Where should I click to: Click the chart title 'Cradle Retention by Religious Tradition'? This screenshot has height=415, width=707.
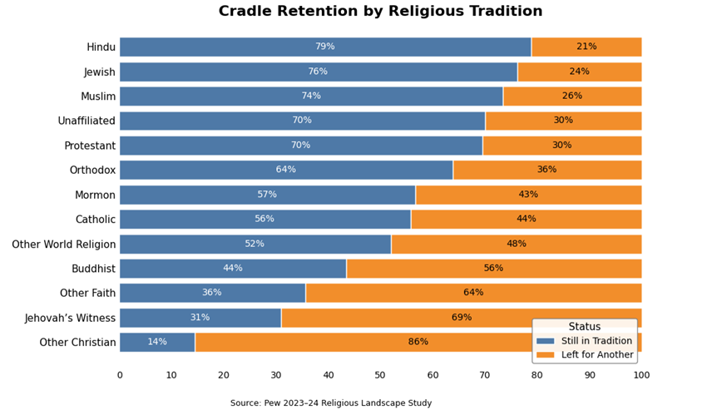[380, 12]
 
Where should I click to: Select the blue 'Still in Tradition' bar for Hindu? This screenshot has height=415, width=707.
[250, 47]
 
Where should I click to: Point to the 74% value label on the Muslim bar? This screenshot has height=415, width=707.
[311, 96]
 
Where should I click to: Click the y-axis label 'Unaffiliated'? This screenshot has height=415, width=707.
[87, 121]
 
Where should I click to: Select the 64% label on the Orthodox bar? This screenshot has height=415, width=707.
[286, 170]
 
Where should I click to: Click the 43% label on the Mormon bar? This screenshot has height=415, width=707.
[528, 195]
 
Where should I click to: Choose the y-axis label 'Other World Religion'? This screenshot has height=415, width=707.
[64, 245]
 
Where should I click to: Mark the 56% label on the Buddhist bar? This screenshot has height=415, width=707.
[494, 269]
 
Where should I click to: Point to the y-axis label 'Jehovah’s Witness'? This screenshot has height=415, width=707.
[71, 318]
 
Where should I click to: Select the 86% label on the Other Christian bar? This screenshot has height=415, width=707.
[418, 342]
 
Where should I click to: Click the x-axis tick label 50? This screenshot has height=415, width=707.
[380, 375]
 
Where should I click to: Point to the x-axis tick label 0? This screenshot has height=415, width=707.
[120, 375]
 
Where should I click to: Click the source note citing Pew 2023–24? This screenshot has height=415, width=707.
[331, 403]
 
